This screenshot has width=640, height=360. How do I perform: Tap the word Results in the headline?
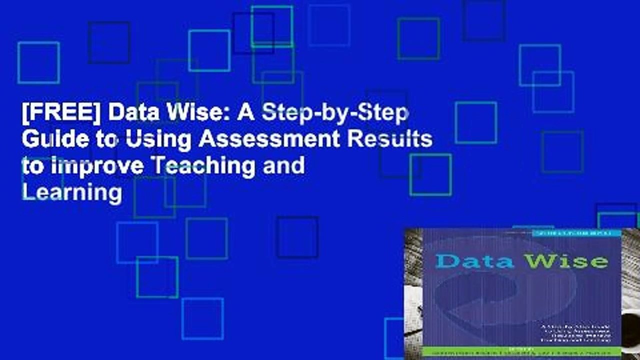tap(395, 140)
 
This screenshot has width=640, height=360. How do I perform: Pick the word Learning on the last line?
tap(71, 192)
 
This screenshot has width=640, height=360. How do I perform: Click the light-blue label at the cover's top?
tap(575, 232)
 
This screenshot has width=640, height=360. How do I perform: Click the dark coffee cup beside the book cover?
tap(631, 330)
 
